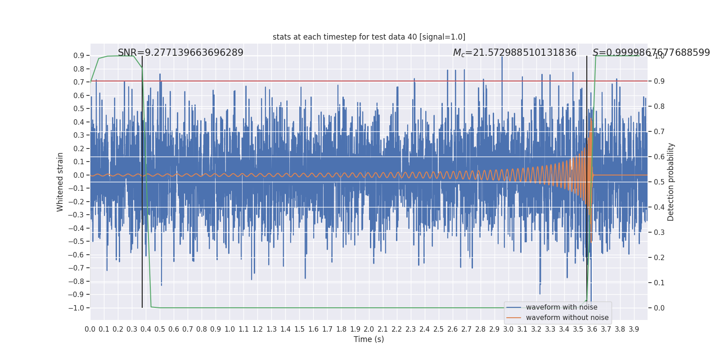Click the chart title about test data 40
tap(369, 37)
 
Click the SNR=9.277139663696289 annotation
tap(180, 53)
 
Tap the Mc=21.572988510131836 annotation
tap(514, 53)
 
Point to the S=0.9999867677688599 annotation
tap(651, 53)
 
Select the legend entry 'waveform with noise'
tap(561, 307)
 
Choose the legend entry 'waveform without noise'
tap(567, 318)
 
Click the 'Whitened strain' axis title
tap(60, 182)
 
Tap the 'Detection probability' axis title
tap(671, 182)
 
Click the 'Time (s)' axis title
tap(369, 339)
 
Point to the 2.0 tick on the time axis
tap(369, 329)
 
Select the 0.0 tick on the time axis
tap(90, 329)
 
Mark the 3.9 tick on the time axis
tap(634, 329)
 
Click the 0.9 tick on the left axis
tap(79, 56)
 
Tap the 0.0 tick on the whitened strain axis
tap(79, 175)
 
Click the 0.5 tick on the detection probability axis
tap(659, 182)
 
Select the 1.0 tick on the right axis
tap(659, 56)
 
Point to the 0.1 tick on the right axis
tap(659, 283)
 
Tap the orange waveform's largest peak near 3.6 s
tap(591, 119)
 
